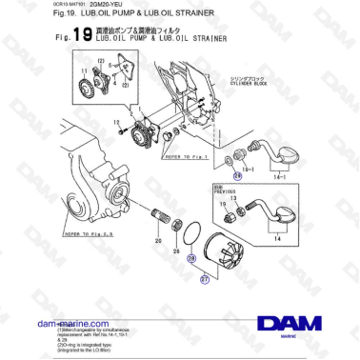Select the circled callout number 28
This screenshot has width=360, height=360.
tap(190, 257)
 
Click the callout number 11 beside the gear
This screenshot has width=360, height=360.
tap(84, 71)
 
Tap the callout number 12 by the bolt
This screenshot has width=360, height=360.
tap(117, 123)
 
